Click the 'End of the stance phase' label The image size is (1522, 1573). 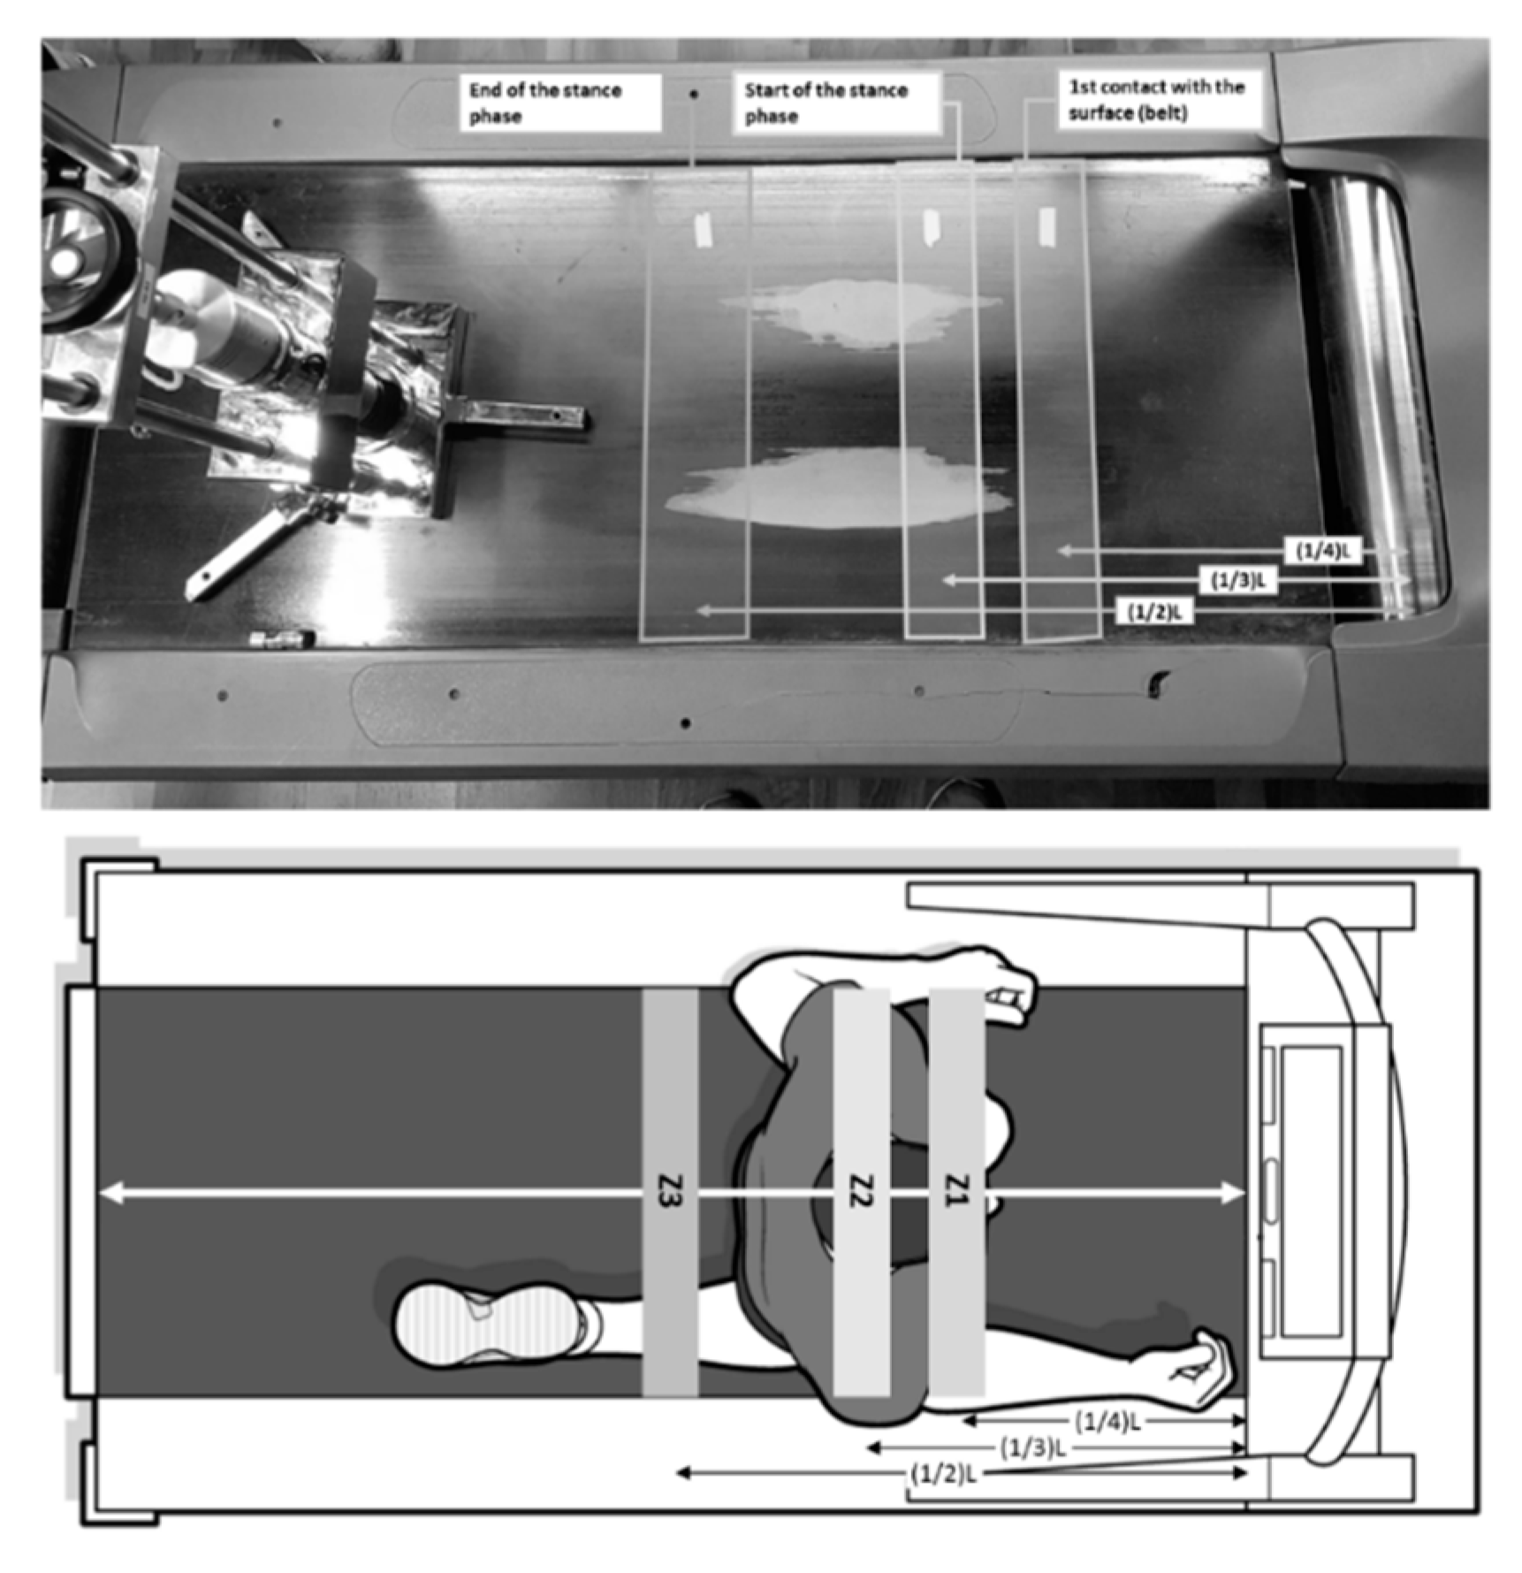(x=559, y=103)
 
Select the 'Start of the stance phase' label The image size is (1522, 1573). (x=834, y=103)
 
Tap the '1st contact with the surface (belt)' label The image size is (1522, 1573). (x=1157, y=100)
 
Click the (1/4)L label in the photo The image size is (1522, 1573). (x=1323, y=552)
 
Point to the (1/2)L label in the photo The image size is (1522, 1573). (x=1154, y=611)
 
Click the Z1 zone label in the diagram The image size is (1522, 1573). (x=957, y=1190)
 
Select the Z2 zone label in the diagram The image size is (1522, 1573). (x=861, y=1190)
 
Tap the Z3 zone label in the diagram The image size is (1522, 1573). (x=669, y=1190)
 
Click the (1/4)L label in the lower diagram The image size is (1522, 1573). (x=1107, y=1423)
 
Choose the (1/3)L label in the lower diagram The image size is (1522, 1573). (x=1032, y=1449)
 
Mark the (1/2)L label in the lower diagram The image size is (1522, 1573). (x=943, y=1474)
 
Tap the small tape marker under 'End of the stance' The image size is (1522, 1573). (x=704, y=229)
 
